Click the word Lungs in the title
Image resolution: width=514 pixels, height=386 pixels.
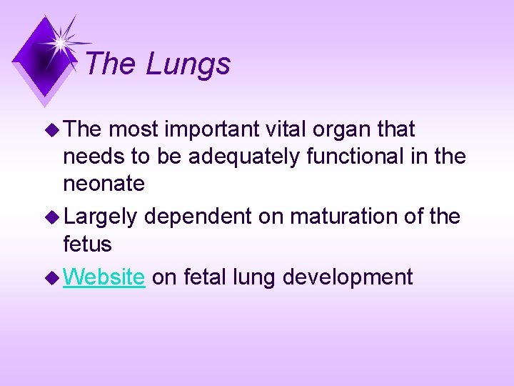pyautogui.click(x=188, y=64)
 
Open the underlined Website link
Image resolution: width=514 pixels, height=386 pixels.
pyautogui.click(x=104, y=277)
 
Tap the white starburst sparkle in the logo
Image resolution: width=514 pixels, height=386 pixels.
pyautogui.click(x=62, y=41)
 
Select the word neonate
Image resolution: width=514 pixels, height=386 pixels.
pyautogui.click(x=104, y=184)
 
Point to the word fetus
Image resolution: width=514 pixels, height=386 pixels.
pyautogui.click(x=87, y=244)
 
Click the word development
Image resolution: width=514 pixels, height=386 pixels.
pyautogui.click(x=348, y=277)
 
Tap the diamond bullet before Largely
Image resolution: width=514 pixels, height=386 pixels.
pyautogui.click(x=54, y=215)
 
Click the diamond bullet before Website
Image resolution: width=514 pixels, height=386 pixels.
pyautogui.click(x=54, y=277)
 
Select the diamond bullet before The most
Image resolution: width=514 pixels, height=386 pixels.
pyautogui.click(x=54, y=130)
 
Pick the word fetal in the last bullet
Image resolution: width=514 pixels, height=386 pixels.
pyautogui.click(x=207, y=277)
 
